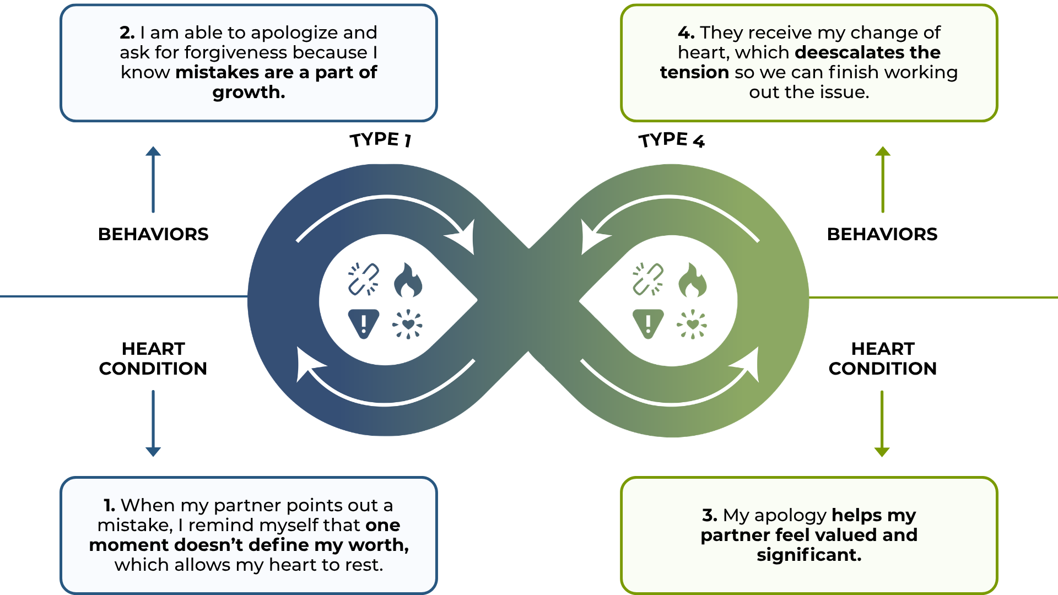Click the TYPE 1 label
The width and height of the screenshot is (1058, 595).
(x=380, y=139)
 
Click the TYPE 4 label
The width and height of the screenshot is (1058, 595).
(x=671, y=140)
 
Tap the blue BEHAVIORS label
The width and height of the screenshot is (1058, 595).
(x=153, y=234)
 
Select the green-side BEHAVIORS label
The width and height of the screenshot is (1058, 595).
(x=882, y=234)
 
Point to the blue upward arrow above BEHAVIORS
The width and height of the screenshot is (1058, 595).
(x=153, y=179)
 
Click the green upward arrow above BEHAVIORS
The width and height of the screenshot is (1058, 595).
(x=883, y=179)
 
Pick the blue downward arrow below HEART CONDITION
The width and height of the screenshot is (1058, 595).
(x=153, y=423)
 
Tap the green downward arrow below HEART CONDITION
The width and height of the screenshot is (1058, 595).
(x=882, y=423)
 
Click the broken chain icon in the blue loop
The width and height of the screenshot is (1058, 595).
(x=363, y=279)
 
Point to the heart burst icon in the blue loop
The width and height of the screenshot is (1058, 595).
(x=407, y=324)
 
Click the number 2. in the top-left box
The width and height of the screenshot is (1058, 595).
(x=127, y=33)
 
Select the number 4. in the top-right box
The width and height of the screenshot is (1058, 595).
(x=686, y=33)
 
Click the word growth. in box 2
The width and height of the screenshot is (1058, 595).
(x=249, y=92)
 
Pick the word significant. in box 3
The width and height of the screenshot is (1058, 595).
(x=809, y=555)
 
